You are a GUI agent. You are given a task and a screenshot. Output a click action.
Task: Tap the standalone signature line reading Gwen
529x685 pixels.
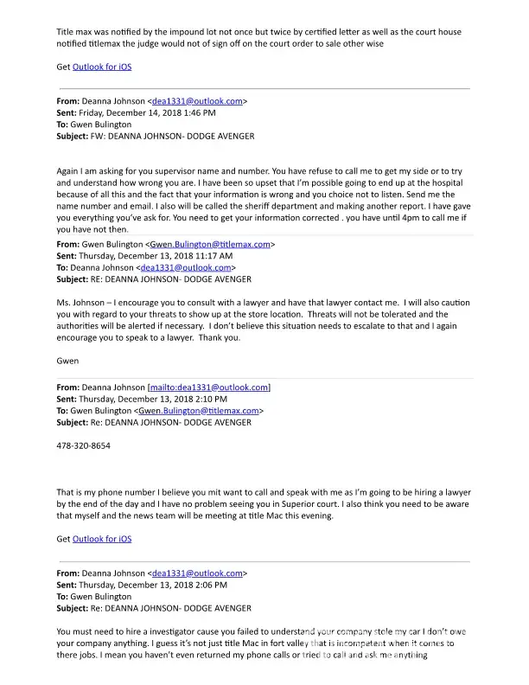coord(67,362)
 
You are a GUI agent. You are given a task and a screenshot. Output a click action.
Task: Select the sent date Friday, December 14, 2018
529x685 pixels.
coord(139,112)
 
